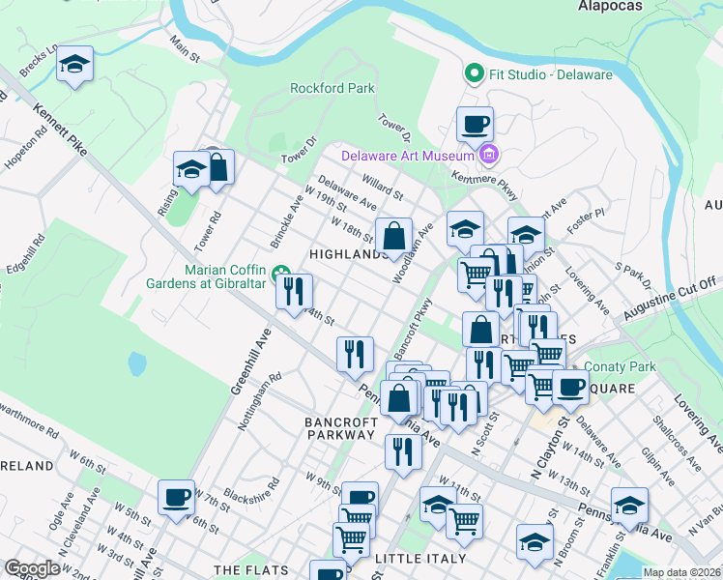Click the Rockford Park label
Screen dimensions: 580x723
coord(333,88)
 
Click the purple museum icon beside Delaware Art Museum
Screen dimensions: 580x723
coord(489,155)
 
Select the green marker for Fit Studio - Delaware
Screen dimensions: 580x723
coord(474,73)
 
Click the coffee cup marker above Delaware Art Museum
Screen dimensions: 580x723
coord(475,125)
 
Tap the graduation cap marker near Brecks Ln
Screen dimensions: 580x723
coord(74,66)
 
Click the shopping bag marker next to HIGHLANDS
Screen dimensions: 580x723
coord(394,236)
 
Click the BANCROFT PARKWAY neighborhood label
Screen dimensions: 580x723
coord(339,428)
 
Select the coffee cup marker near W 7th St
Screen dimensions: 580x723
coord(176,498)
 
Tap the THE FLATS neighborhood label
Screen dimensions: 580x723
coord(253,570)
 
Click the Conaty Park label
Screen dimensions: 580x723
coord(622,367)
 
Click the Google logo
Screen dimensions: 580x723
coord(32,568)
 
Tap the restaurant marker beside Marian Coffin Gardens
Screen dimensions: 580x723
coord(294,292)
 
